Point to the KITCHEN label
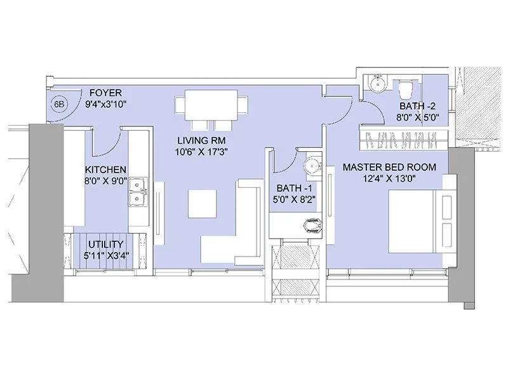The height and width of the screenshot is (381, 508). coord(106,170)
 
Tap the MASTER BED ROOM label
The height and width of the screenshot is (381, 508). coord(388,167)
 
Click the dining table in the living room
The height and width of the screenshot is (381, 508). coord(211,104)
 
